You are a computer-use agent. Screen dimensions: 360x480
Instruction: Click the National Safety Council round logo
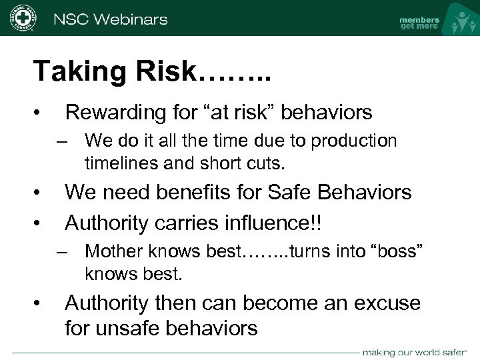pos(23,18)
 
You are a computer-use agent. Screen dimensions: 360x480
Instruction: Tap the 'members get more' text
pos(419,23)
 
